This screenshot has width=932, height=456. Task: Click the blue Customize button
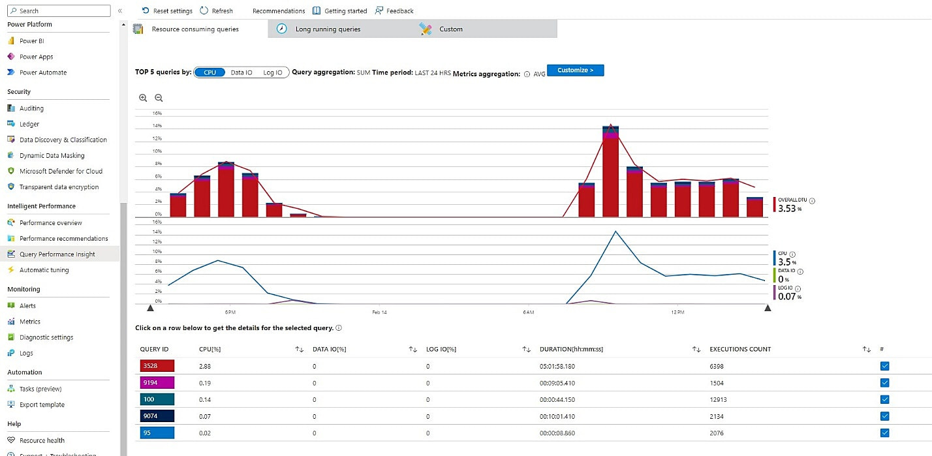(x=575, y=70)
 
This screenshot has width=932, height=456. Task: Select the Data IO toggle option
(x=241, y=72)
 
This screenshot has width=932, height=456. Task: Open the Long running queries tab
(x=327, y=29)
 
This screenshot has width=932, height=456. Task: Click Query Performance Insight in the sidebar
(x=57, y=254)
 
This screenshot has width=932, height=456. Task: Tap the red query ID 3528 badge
(x=157, y=367)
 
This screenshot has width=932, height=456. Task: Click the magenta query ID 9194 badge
(x=157, y=383)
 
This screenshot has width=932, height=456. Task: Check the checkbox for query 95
(x=884, y=433)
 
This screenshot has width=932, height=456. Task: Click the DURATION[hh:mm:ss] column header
(x=571, y=349)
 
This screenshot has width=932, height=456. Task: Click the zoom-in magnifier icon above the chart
(x=143, y=98)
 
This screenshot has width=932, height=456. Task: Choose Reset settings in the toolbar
(x=167, y=11)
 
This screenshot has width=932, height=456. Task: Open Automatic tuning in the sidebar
(x=44, y=270)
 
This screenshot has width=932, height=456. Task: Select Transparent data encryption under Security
(x=59, y=187)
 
